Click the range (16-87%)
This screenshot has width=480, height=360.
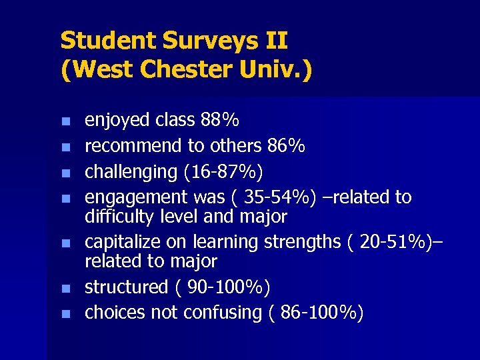[223, 171]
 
